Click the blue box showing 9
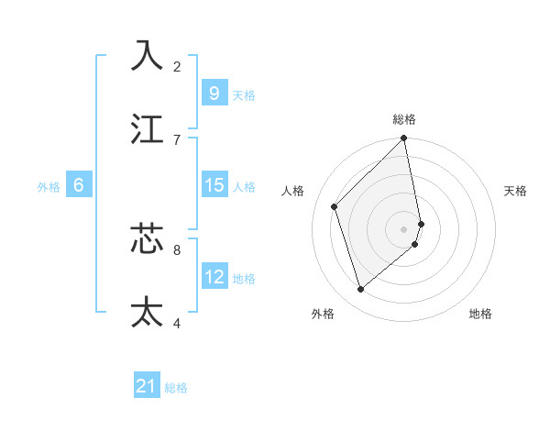point(214,93)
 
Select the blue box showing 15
point(214,185)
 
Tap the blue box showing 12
point(214,277)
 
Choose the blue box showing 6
point(78,185)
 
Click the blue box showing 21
point(147,387)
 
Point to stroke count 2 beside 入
point(177,66)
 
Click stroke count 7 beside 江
point(177,139)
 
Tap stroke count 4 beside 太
point(177,323)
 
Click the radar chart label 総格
point(404,119)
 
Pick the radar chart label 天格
point(515,191)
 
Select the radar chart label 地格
point(480,314)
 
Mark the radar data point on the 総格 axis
point(404,139)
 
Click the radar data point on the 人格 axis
point(335,206)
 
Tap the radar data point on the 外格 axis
point(361,289)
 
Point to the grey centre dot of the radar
point(404,228)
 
